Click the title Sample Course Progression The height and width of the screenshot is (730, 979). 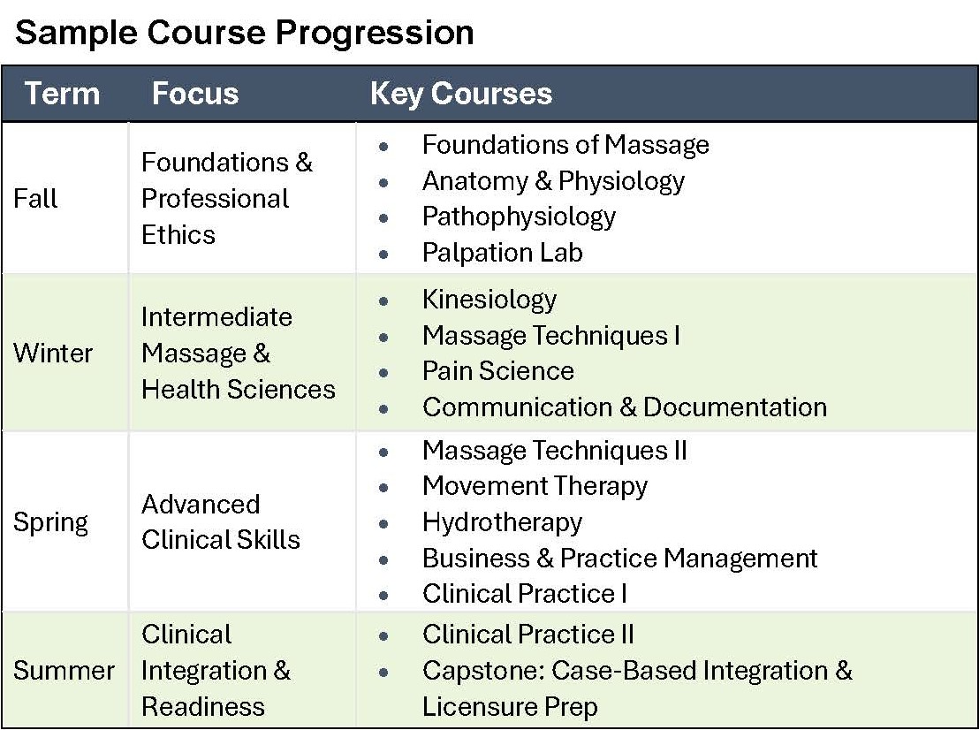[x=245, y=33]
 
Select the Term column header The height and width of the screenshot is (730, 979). [x=62, y=94]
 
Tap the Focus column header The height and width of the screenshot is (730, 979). [x=194, y=94]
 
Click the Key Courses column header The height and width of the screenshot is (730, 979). [x=460, y=94]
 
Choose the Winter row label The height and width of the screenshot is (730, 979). [x=53, y=353]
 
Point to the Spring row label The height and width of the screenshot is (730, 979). [x=50, y=521]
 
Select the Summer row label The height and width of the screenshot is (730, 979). [x=64, y=670]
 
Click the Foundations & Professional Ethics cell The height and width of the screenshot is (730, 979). [x=226, y=198]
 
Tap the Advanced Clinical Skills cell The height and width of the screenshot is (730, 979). [x=220, y=521]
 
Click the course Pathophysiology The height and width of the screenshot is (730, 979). [x=519, y=217]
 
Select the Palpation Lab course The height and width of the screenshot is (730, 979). [x=502, y=253]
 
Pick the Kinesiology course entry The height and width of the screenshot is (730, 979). [x=489, y=300]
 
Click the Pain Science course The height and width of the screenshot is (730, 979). [x=497, y=371]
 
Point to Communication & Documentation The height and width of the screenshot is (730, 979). [x=624, y=407]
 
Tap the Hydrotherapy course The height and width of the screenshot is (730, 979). [x=502, y=522]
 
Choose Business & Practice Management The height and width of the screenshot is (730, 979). [x=619, y=559]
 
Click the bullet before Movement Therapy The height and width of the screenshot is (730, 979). [x=383, y=487]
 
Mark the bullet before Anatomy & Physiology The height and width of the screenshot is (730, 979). [x=383, y=182]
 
